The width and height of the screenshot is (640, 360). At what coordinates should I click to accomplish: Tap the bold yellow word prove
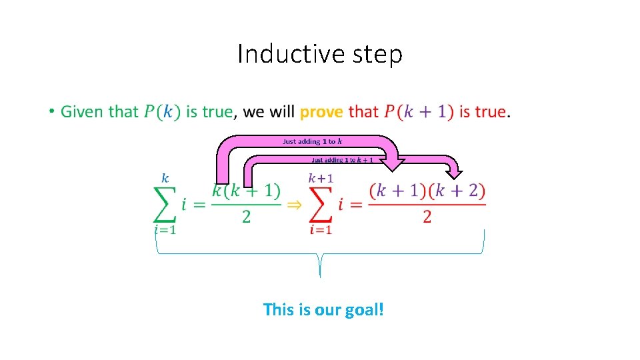click(x=321, y=111)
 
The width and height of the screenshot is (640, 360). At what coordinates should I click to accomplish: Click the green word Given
click(x=81, y=111)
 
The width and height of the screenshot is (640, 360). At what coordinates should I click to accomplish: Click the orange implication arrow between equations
click(x=293, y=205)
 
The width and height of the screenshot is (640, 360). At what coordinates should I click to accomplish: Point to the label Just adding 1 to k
click(x=313, y=141)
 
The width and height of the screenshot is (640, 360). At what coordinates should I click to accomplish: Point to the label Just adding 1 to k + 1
click(x=342, y=160)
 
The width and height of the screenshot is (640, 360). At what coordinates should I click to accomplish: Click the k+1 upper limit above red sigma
click(x=321, y=178)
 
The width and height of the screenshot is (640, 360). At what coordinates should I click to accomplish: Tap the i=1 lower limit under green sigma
click(x=165, y=230)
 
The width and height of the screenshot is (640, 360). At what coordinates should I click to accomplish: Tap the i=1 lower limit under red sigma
click(x=321, y=230)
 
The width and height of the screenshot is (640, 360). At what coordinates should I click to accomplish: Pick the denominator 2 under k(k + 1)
click(x=247, y=217)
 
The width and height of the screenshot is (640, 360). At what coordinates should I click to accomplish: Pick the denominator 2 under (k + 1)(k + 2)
click(x=427, y=217)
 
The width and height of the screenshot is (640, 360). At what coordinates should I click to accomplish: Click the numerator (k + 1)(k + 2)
click(x=427, y=191)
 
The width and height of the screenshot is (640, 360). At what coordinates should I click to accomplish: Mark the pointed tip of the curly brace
click(x=320, y=275)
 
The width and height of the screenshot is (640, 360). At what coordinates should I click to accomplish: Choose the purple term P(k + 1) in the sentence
click(x=419, y=111)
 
